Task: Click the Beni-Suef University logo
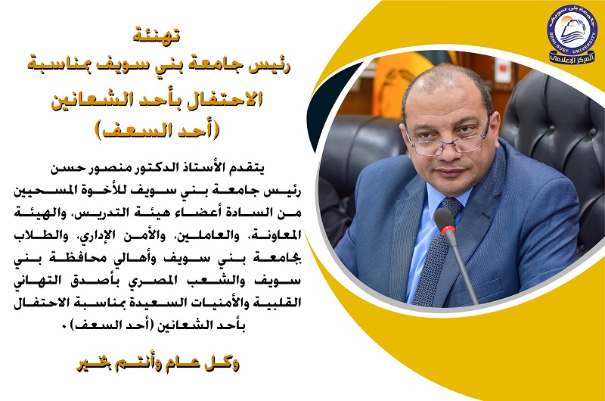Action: click(572, 34)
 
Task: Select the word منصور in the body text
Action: click(111, 169)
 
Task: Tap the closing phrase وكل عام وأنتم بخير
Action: click(158, 364)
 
